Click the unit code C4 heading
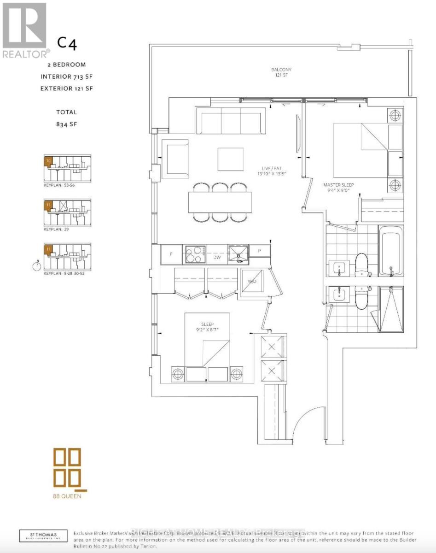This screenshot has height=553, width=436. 67,44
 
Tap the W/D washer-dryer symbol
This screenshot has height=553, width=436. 252,281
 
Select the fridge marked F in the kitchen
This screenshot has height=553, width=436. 172,254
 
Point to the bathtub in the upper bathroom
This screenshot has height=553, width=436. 390,251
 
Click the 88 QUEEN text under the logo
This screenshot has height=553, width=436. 68,496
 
